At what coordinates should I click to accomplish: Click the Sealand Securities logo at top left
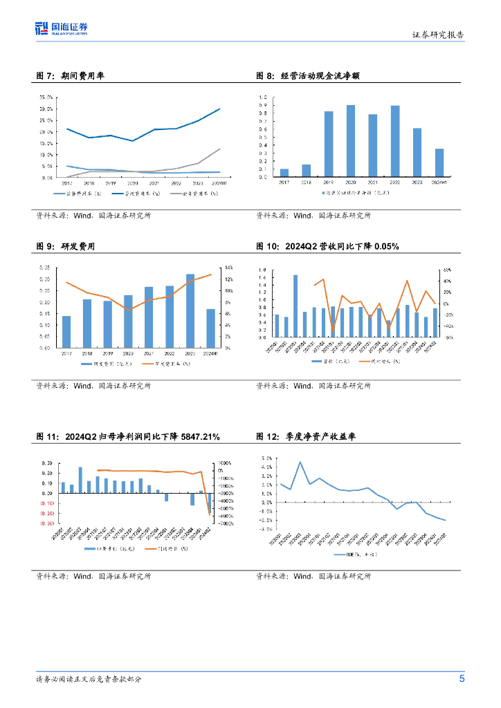pos(62,28)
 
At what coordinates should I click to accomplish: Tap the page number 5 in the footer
pos(462,678)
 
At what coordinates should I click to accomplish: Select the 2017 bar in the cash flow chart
pos(284,173)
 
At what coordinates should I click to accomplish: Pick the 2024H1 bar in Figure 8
pos(439,162)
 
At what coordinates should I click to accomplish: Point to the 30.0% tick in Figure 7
pos(47,109)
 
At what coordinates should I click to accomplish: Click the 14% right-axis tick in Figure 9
pos(230,268)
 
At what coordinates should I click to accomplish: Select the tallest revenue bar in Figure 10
pos(295,305)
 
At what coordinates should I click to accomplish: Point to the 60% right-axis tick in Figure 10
pos(448,270)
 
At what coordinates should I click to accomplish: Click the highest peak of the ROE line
pos(300,462)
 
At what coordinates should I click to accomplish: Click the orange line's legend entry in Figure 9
pos(166,364)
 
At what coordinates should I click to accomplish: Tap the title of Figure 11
pos(128,436)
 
